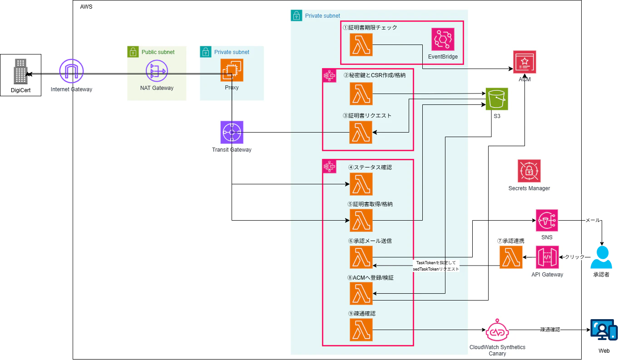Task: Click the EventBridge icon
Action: point(443,39)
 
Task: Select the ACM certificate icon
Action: point(524,62)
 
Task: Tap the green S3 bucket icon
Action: point(497,99)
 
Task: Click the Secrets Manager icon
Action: point(529,171)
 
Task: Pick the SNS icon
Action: point(547,221)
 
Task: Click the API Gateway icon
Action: point(547,257)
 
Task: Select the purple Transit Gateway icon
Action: point(232,132)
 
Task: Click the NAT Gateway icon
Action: point(157,70)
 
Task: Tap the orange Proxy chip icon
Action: point(232,70)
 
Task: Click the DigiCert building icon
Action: point(20,71)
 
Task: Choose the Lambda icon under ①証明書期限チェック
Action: point(361,44)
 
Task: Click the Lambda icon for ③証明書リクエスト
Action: point(361,132)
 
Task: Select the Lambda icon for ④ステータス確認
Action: point(361,184)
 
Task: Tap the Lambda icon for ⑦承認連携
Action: point(511,257)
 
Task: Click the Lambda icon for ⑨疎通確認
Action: point(361,330)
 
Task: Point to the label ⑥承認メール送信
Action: point(370,241)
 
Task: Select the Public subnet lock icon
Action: point(133,52)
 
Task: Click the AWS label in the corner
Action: point(86,7)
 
